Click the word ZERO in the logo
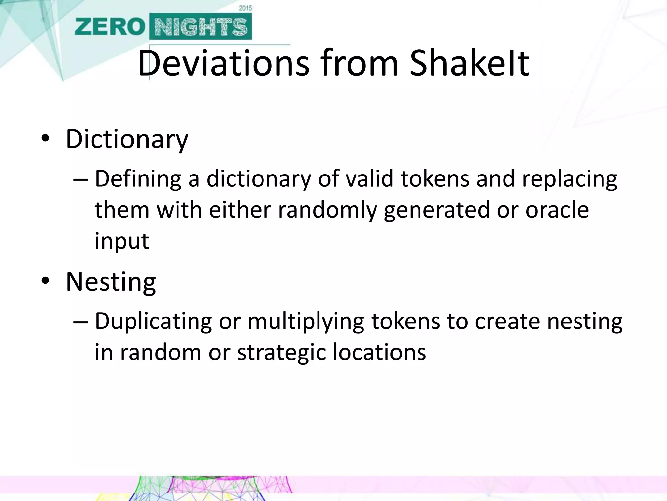click(x=109, y=27)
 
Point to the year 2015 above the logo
click(x=245, y=8)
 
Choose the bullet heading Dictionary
click(x=127, y=140)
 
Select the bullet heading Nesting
click(x=111, y=282)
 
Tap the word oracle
click(x=557, y=210)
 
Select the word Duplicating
click(x=153, y=322)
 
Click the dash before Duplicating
click(x=80, y=322)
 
